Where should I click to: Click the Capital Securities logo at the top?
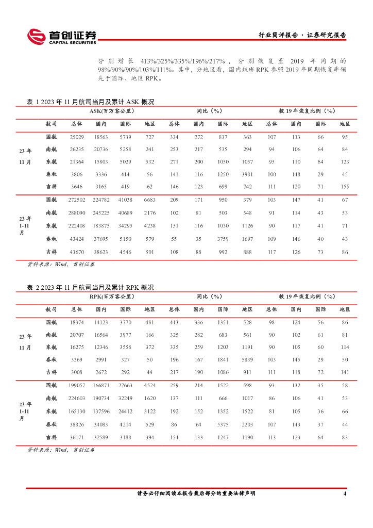61,36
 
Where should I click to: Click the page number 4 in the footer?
344,493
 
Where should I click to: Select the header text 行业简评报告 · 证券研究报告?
302,35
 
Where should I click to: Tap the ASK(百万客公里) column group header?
112,111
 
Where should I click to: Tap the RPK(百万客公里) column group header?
112,296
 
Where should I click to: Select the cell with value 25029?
77,137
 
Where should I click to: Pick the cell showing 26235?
77,149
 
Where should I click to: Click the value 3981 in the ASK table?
247,174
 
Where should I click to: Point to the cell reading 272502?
77,200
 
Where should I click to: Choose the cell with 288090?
77,212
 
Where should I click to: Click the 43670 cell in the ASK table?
77,252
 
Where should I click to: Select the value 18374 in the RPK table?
77,322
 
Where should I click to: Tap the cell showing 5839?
247,359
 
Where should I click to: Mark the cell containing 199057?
77,385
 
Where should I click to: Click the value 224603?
77,398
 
